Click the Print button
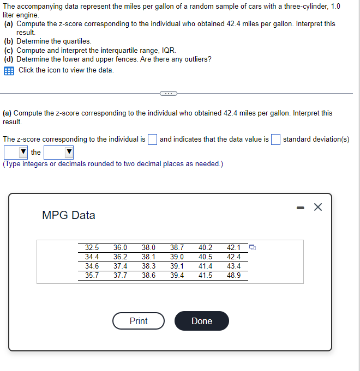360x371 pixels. (139, 321)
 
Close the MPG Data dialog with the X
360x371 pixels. (318, 207)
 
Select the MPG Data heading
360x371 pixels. (69, 215)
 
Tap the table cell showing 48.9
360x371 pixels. (234, 276)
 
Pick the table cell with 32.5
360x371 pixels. (92, 247)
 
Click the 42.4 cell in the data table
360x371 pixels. (234, 257)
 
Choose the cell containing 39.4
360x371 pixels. (177, 276)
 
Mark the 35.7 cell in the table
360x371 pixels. (92, 276)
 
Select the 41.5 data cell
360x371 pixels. (206, 276)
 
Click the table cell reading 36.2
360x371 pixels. (121, 257)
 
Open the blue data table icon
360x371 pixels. (9, 70)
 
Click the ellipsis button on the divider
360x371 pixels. (169, 93)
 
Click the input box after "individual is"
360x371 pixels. (153, 139)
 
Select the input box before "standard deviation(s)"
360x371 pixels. (276, 139)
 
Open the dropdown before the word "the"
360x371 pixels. (16, 153)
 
